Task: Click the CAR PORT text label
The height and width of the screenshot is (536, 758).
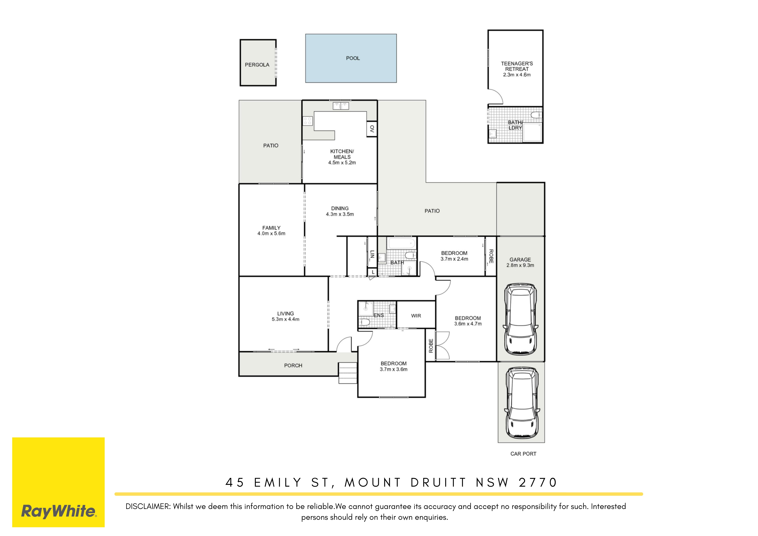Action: (523, 454)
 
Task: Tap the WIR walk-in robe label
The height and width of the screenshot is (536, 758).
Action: (416, 316)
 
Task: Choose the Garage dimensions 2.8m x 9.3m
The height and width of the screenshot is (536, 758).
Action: (520, 265)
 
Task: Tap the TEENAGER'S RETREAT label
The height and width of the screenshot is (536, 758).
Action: (517, 66)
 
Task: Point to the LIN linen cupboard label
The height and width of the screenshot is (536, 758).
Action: (372, 254)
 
